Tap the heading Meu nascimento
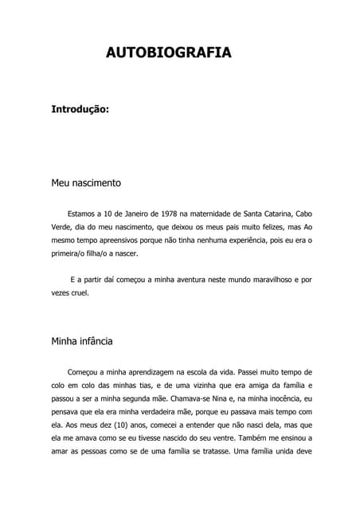pyautogui.click(x=86, y=182)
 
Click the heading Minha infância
pyautogui.click(x=82, y=341)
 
